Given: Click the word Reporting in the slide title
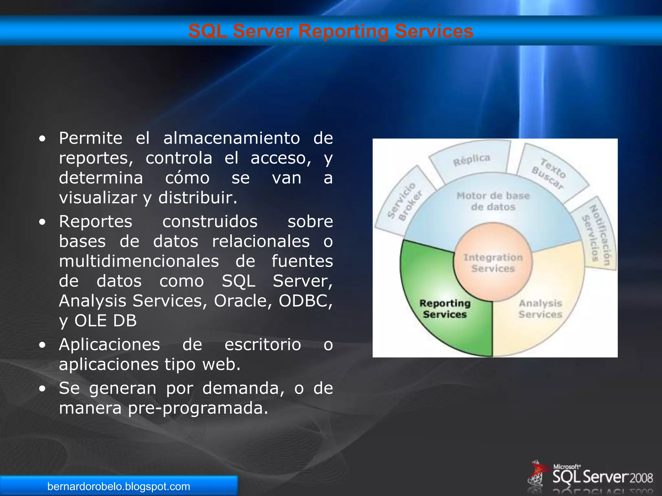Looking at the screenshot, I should pos(343,32).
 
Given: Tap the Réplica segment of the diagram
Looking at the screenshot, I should pos(471,160).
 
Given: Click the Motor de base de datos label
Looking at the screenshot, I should pos(493,201).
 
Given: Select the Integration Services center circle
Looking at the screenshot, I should pos(493,263).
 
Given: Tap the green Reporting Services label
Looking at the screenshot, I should pos(445,309).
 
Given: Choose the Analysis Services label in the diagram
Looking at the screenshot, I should pos(540,309).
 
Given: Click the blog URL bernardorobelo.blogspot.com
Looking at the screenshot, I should pos(119,486).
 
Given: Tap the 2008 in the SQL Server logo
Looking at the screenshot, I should pos(641,478).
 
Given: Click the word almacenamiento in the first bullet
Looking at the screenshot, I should pos(231,138).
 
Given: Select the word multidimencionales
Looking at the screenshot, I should pos(139,261).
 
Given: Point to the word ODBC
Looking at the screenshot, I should pos(305,301).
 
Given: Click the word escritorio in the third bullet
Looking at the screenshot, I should pos(262,344).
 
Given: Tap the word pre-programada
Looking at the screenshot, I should pos(198,408).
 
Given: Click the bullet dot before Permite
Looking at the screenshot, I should pos(42,139).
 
